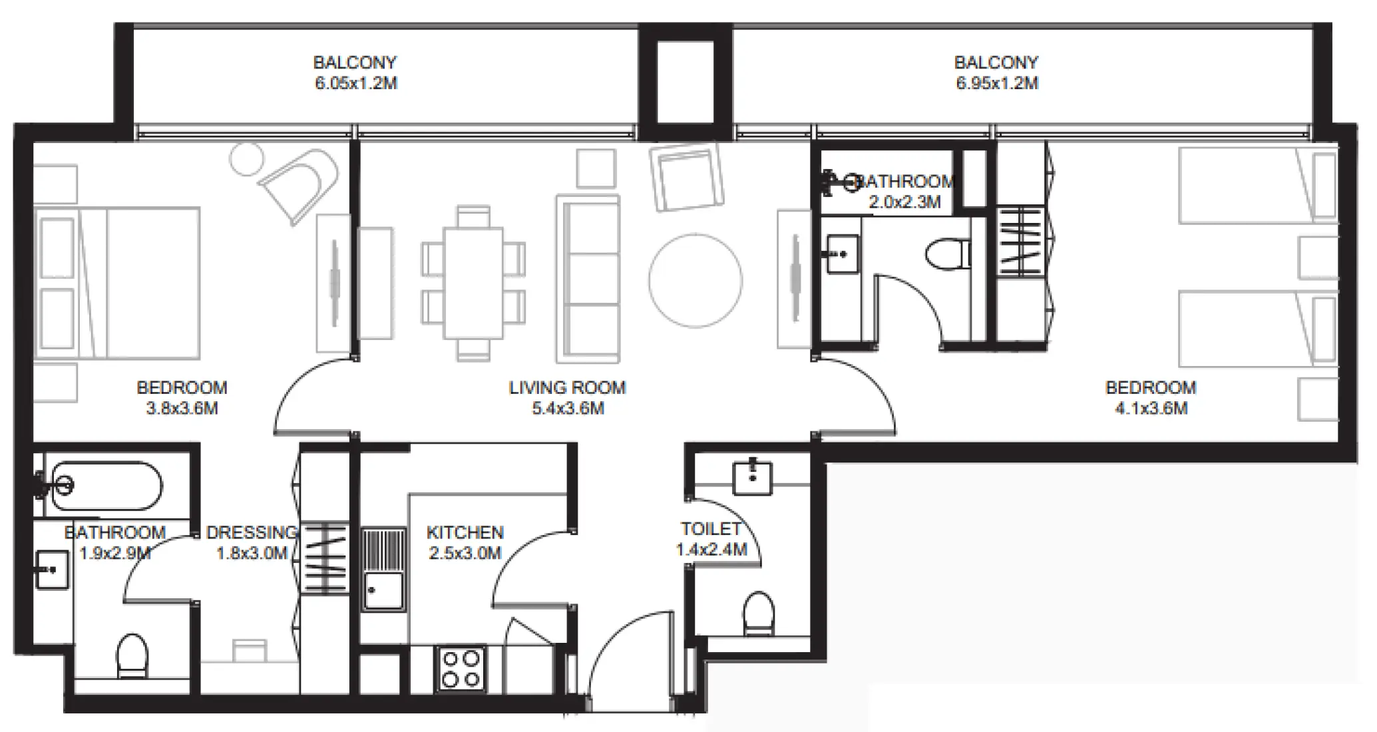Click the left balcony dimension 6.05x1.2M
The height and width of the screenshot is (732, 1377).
[355, 84]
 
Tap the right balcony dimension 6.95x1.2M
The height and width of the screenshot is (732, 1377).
[996, 84]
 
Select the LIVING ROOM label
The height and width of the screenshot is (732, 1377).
[567, 387]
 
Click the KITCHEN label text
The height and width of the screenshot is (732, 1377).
[465, 532]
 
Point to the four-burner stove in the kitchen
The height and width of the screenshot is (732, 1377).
[461, 669]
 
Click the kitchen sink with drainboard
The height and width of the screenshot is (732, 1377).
[383, 570]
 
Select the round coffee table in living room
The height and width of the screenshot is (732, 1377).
[695, 280]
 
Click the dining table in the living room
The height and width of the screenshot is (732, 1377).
[473, 283]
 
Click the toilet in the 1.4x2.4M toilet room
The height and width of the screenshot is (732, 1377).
[758, 613]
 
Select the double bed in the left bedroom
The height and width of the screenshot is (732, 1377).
[117, 283]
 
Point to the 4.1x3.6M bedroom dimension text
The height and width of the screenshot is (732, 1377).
[1151, 409]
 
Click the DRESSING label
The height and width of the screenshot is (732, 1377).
[252, 533]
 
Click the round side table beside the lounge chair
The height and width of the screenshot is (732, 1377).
[246, 160]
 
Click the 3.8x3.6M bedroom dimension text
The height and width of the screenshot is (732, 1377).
[182, 409]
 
